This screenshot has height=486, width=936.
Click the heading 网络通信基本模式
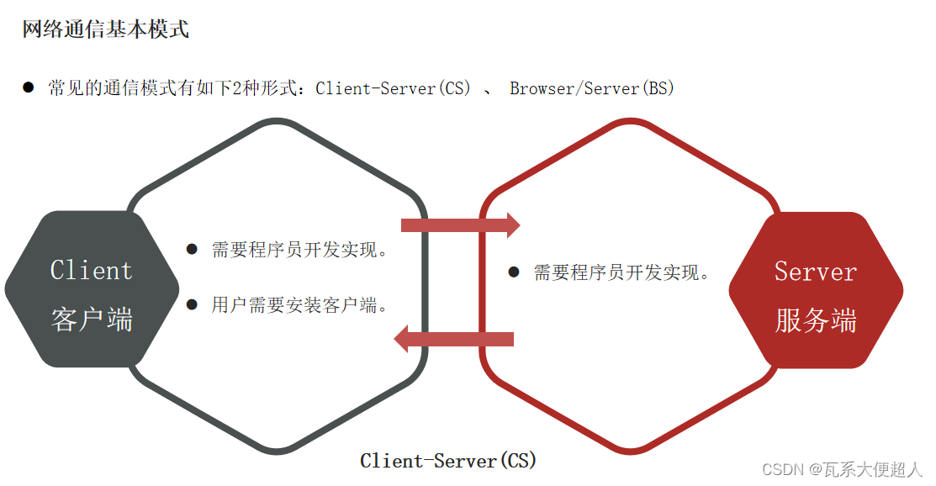pos(105,29)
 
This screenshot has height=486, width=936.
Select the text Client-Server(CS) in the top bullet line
pos(394,87)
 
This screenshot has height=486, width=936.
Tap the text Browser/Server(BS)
pos(592,87)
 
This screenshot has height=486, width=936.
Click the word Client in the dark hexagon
pos(91,271)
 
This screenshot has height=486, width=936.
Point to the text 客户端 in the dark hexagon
pos(92,319)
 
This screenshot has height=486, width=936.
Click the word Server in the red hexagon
pos(815,272)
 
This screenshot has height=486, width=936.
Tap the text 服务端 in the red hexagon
pos(815,320)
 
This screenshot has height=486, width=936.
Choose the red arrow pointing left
pos(454,339)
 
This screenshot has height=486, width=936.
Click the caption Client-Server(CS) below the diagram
pos(447,461)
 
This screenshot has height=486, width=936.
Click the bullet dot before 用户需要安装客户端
pos(192,304)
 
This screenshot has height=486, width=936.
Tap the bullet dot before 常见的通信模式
pos(29,87)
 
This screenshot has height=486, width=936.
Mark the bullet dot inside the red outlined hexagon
pos(514,272)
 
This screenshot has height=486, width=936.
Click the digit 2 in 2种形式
pos(237,87)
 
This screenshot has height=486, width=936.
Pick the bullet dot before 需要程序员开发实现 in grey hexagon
pos(192,249)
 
